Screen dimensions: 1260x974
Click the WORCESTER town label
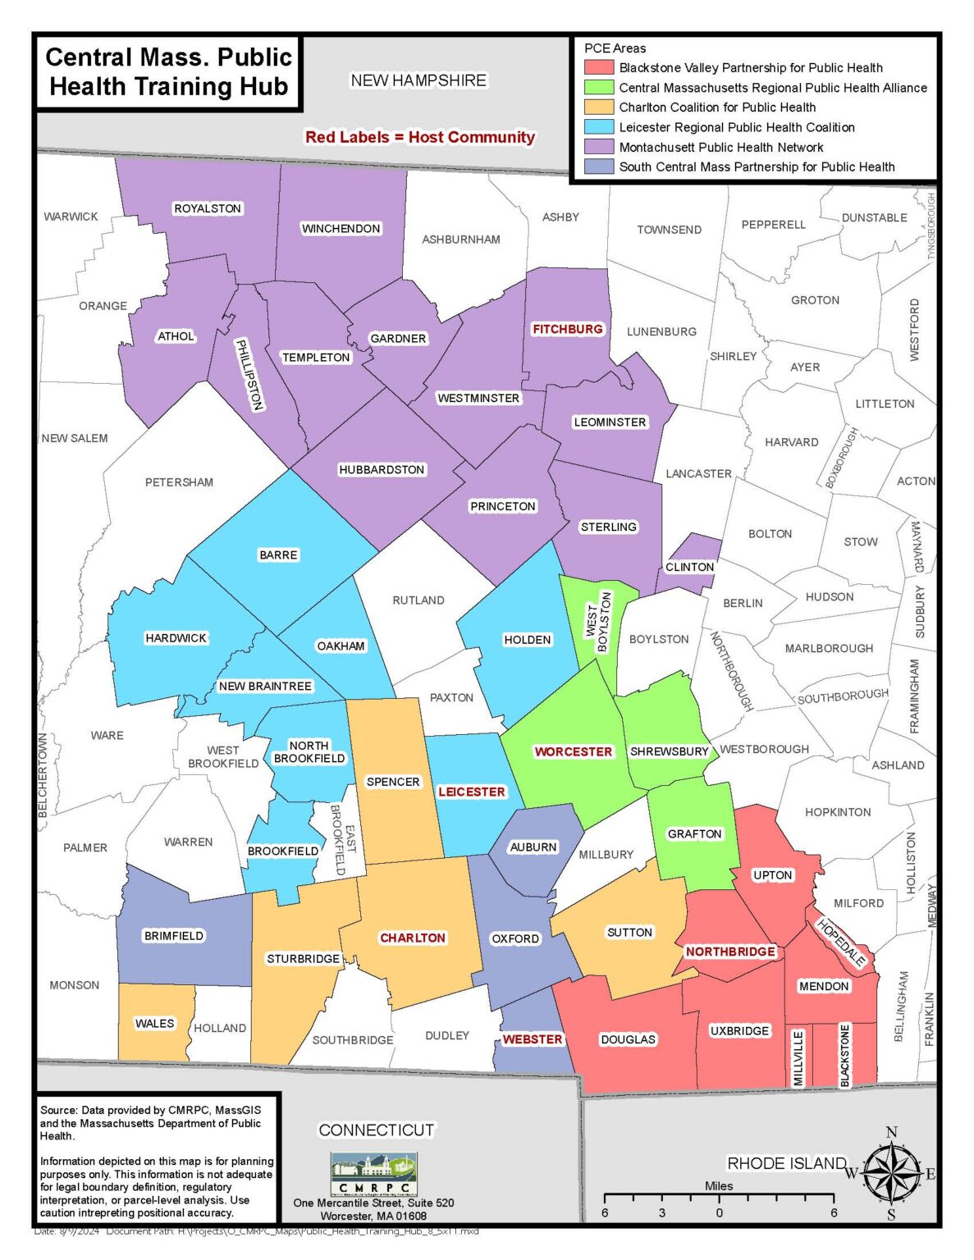[573, 751]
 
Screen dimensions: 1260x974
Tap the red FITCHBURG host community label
[568, 329]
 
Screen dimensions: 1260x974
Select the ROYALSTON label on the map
[208, 208]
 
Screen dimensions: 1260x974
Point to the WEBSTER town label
[533, 1039]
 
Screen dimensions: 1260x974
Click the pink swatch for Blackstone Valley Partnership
[598, 68]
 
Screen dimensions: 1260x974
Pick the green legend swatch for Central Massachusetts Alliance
[598, 88]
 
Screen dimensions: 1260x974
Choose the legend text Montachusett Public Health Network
[720, 148]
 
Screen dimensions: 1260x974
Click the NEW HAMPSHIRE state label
[418, 80]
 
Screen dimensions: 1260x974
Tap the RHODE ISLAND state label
[786, 1163]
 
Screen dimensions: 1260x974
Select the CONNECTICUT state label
[376, 1130]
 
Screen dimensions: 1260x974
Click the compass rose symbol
[891, 1174]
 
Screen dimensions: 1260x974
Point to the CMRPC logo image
[374, 1175]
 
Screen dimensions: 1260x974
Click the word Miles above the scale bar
[719, 1186]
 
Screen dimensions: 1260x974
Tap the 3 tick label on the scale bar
[661, 1212]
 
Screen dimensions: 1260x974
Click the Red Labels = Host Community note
[419, 137]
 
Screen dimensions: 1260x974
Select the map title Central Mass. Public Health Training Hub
[168, 72]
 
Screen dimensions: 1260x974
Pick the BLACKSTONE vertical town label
[845, 1056]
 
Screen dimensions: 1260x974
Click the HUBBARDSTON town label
[382, 470]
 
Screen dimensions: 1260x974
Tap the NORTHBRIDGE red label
[730, 952]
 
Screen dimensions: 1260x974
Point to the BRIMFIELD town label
[173, 936]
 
